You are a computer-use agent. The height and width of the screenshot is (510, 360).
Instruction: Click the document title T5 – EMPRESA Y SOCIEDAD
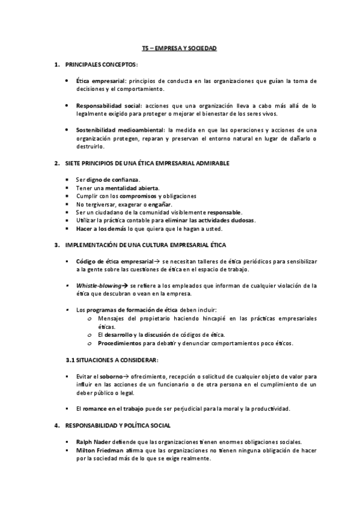tap(179, 48)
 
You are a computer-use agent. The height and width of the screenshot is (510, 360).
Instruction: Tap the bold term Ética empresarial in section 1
tap(100, 80)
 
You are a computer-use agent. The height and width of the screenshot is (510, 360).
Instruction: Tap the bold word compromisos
tap(138, 195)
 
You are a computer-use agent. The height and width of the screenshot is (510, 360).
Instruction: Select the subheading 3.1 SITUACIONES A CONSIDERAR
tap(112, 360)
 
